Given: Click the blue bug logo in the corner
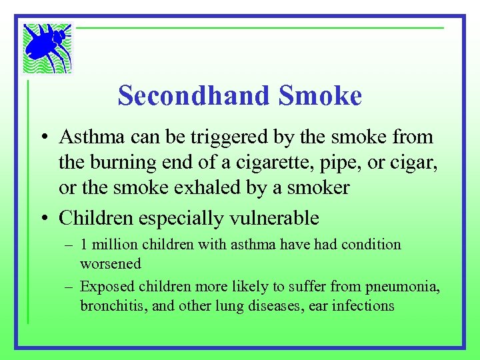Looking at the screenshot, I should (47, 48).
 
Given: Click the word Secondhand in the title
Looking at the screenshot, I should (193, 96).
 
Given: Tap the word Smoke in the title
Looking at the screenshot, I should (321, 96).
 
